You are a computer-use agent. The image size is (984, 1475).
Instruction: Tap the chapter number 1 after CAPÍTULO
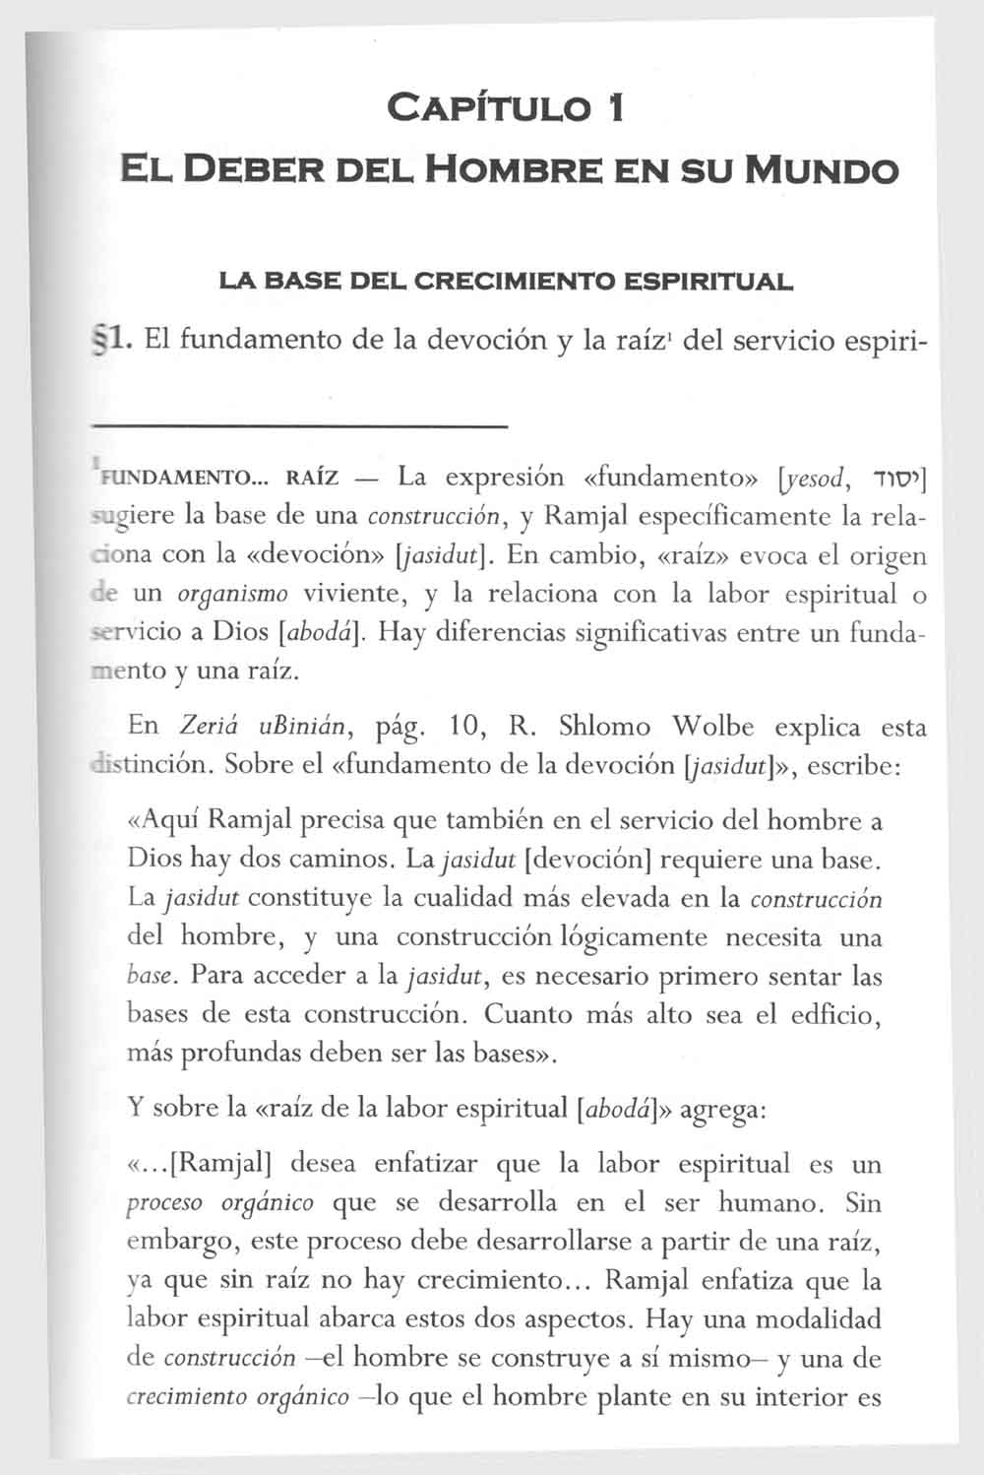614,106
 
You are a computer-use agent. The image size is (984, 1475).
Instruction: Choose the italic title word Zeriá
200,728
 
